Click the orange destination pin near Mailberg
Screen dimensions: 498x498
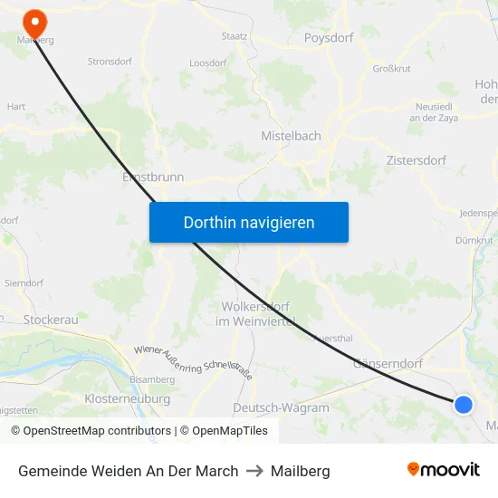pyautogui.click(x=35, y=20)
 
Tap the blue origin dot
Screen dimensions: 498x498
pyautogui.click(x=463, y=405)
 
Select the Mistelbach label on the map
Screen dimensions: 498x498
pyautogui.click(x=291, y=136)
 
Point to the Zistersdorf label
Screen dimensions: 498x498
pyautogui.click(x=416, y=160)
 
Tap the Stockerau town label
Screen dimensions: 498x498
pyautogui.click(x=51, y=320)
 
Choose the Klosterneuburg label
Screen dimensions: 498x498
pyautogui.click(x=127, y=398)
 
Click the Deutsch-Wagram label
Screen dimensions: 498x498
pyautogui.click(x=281, y=407)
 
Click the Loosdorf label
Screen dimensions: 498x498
pyautogui.click(x=207, y=63)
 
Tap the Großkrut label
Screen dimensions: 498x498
pyautogui.click(x=391, y=69)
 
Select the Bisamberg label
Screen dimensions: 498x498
pyautogui.click(x=152, y=378)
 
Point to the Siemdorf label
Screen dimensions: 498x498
pyautogui.click(x=24, y=283)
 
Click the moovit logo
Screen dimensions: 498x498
pyautogui.click(x=444, y=470)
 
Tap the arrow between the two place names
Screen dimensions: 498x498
pyautogui.click(x=254, y=471)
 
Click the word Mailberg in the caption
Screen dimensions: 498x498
pyautogui.click(x=300, y=471)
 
